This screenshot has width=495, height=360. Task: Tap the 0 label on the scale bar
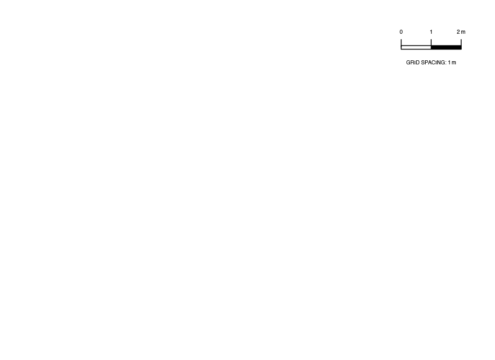401,32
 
